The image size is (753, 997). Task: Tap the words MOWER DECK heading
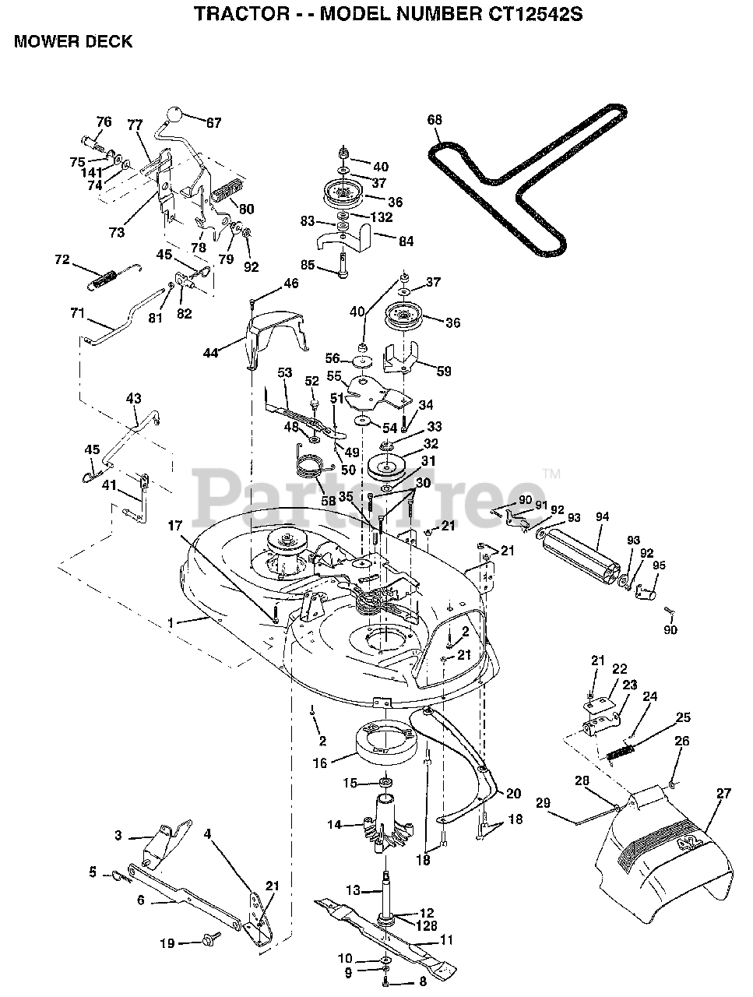click(73, 42)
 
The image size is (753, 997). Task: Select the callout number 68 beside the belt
click(435, 119)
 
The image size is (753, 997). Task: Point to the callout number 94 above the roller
click(602, 517)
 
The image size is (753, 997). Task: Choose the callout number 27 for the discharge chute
click(723, 793)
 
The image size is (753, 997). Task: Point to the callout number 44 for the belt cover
click(210, 353)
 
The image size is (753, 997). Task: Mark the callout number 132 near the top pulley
click(382, 217)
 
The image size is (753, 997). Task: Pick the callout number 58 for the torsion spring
click(328, 500)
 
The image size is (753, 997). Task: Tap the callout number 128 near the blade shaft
click(426, 925)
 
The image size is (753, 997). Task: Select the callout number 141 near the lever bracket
click(92, 173)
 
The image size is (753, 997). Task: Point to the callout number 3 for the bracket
click(118, 835)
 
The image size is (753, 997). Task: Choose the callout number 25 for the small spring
click(683, 717)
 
